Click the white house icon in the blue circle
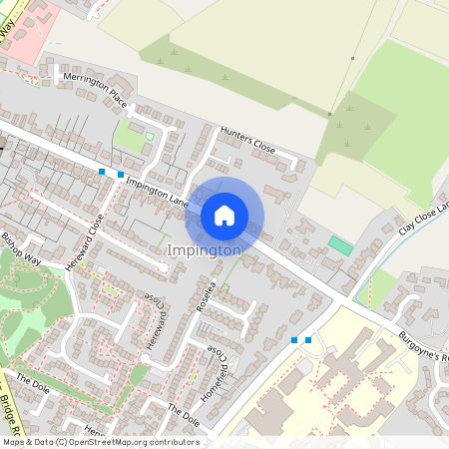coord(224,215)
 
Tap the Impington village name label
coord(205,250)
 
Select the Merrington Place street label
coord(96,90)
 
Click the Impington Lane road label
coord(158,186)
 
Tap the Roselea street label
coord(207,295)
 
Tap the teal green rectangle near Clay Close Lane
coord(340,244)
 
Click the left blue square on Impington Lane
coord(102,173)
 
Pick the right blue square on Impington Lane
coord(121,175)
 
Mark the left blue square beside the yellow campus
coord(294,340)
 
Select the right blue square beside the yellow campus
coord(308,340)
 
